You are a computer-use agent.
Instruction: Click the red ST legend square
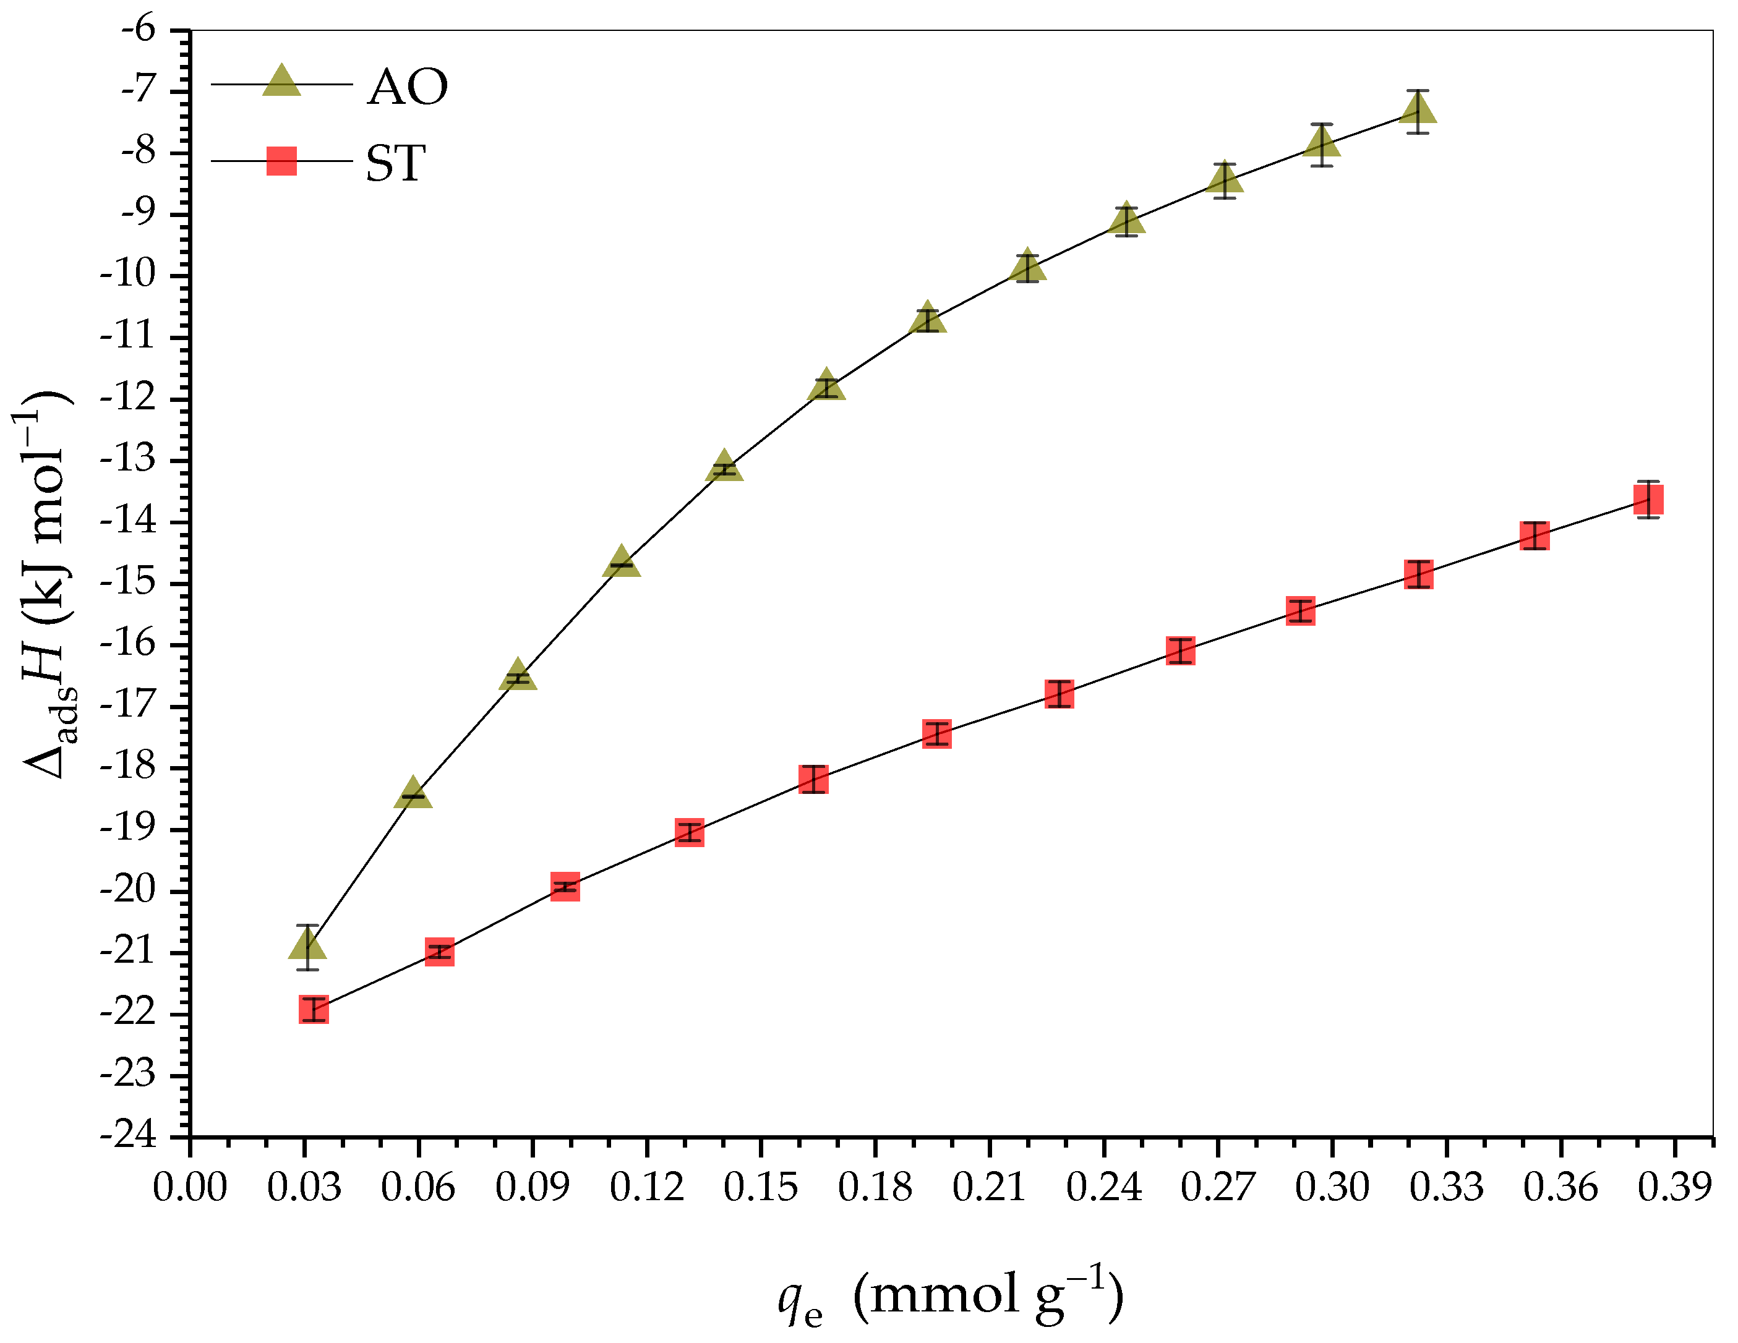click(281, 161)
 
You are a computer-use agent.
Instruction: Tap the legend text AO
click(408, 86)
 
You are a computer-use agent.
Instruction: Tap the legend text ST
click(395, 163)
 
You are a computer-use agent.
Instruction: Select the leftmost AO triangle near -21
click(308, 946)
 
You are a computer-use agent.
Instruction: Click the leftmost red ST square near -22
click(314, 1010)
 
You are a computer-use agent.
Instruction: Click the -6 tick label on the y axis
click(139, 30)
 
